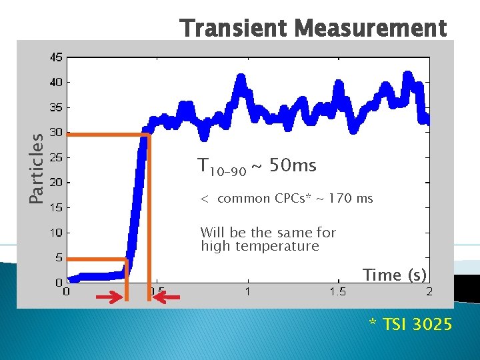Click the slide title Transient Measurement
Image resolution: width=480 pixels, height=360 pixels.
[313, 29]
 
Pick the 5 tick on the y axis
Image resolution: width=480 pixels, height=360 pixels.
[58, 257]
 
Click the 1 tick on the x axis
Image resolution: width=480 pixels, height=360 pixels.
[247, 291]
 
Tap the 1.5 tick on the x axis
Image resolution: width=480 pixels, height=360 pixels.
[338, 291]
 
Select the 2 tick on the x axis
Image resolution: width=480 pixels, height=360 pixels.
[429, 291]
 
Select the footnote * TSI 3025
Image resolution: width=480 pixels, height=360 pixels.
[411, 325]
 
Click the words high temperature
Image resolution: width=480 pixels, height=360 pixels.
[260, 246]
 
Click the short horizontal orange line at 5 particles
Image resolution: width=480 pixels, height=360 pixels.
[97, 259]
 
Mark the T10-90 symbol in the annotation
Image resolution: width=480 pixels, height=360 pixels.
[221, 167]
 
